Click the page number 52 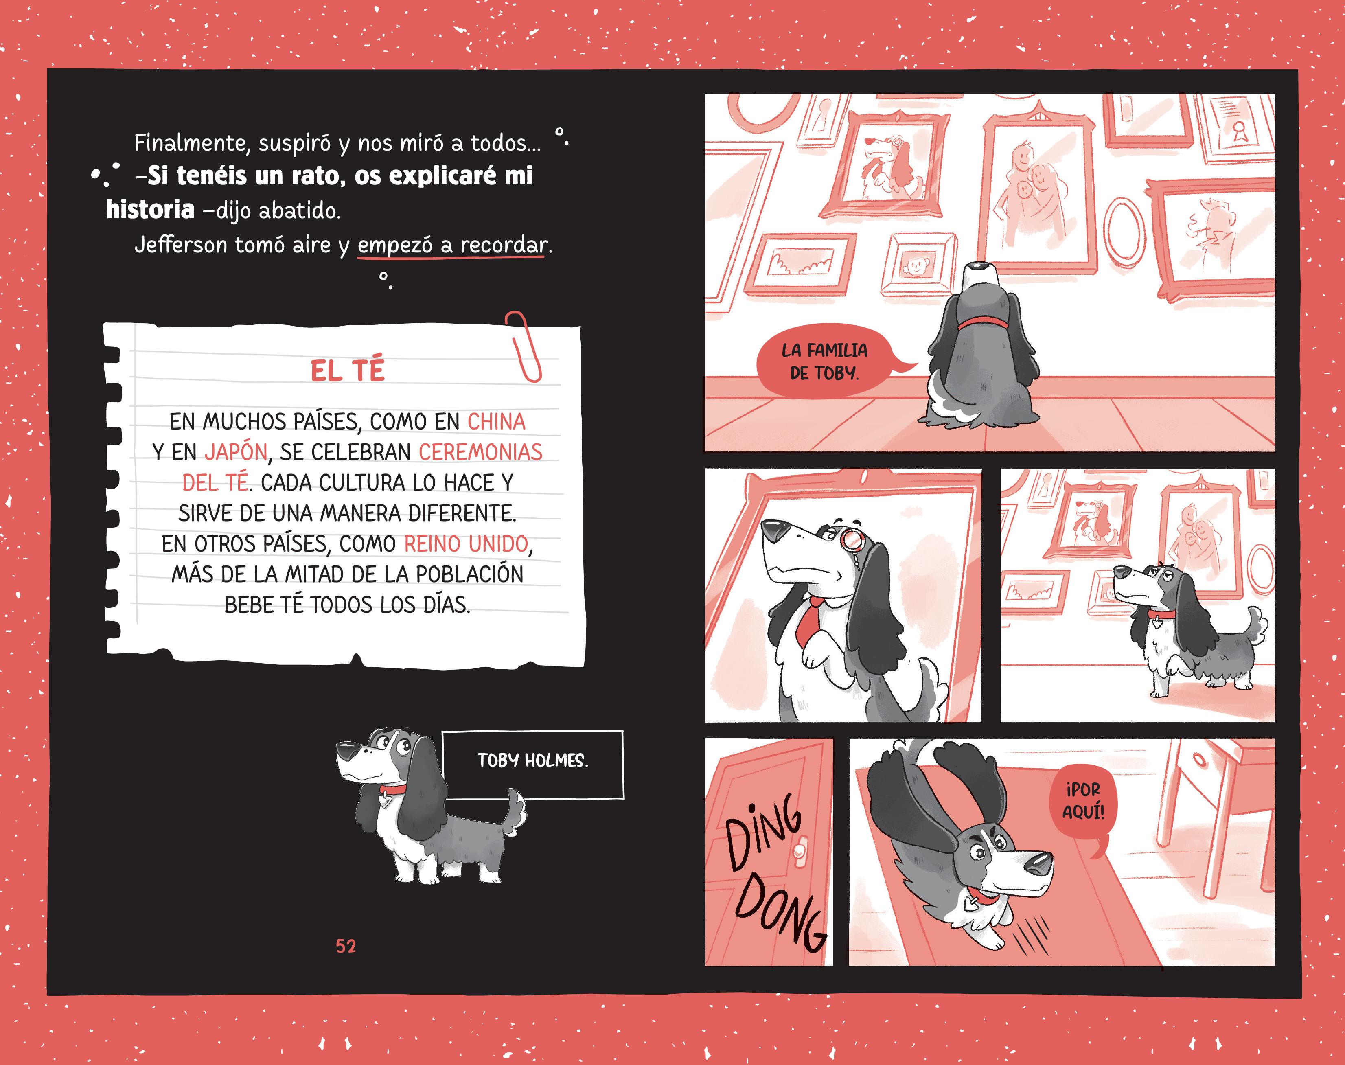coord(346,946)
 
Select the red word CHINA coord(496,422)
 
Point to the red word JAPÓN coord(236,452)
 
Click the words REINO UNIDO coord(466,544)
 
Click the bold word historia coord(150,210)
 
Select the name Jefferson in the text coord(181,245)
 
